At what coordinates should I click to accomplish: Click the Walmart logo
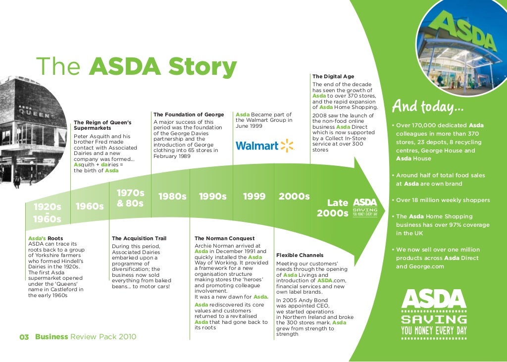pyautogui.click(x=264, y=146)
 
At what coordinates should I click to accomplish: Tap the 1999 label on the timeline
pyautogui.click(x=254, y=197)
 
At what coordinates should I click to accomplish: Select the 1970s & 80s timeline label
pyautogui.click(x=130, y=198)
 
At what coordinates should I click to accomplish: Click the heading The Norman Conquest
pyautogui.click(x=224, y=239)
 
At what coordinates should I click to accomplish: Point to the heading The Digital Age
pyautogui.click(x=333, y=77)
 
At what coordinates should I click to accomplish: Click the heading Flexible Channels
pyautogui.click(x=300, y=256)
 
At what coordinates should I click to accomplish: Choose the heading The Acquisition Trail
pyautogui.click(x=139, y=239)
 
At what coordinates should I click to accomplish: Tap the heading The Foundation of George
pyautogui.click(x=189, y=115)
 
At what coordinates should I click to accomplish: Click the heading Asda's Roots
pyautogui.click(x=46, y=239)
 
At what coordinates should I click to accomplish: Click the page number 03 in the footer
pyautogui.click(x=24, y=337)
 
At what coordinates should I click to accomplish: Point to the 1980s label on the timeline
pyautogui.click(x=172, y=197)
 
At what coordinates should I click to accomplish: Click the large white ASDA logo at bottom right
pyautogui.click(x=434, y=299)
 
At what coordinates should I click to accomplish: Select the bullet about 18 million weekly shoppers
pyautogui.click(x=443, y=201)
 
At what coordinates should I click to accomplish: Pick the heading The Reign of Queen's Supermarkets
pyautogui.click(x=102, y=125)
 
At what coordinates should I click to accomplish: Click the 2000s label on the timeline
pyautogui.click(x=294, y=197)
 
